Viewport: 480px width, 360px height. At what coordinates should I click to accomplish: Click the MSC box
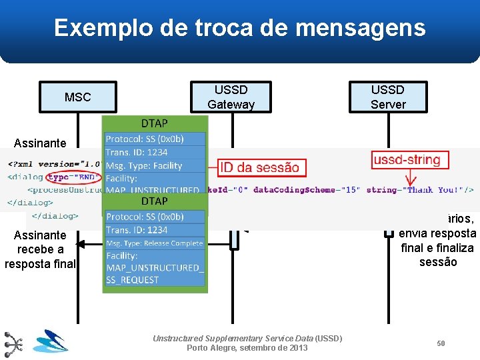pyautogui.click(x=78, y=97)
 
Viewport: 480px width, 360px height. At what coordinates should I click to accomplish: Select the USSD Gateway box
pyautogui.click(x=231, y=97)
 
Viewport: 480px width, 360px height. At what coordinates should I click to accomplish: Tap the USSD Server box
pyautogui.click(x=387, y=97)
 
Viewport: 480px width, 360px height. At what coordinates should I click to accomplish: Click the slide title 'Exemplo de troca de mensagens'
pyautogui.click(x=239, y=28)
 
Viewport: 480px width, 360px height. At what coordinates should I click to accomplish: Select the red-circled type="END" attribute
pyautogui.click(x=73, y=177)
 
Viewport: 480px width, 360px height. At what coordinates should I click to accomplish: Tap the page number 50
pyautogui.click(x=441, y=343)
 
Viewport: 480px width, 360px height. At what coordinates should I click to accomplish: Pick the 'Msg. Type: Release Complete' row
pyautogui.click(x=154, y=243)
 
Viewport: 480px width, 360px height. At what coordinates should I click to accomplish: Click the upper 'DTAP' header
pyautogui.click(x=155, y=123)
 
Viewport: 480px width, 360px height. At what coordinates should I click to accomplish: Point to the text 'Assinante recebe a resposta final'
pyautogui.click(x=41, y=249)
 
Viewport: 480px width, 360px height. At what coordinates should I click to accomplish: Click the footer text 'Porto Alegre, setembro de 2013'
pyautogui.click(x=247, y=348)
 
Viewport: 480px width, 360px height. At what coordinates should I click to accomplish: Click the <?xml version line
pyautogui.click(x=53, y=164)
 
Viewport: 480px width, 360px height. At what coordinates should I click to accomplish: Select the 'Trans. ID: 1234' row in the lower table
pyautogui.click(x=137, y=230)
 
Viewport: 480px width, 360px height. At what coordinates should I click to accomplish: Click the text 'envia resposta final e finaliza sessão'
pyautogui.click(x=437, y=247)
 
